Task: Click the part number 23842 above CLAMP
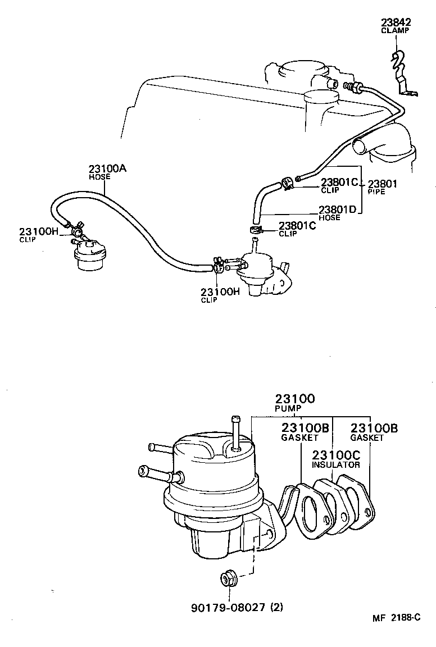coord(396,22)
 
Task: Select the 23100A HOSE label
coord(107,172)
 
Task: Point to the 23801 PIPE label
coord(381,186)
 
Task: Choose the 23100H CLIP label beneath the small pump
coord(220,295)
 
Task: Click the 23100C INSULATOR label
coord(336,458)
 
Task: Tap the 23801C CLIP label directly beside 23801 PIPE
coord(339,185)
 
